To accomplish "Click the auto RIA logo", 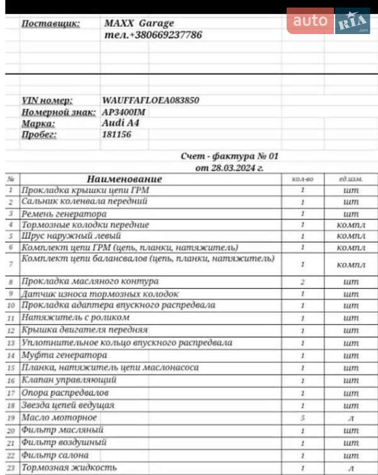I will [x=328, y=21].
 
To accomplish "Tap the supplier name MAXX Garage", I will [x=139, y=23].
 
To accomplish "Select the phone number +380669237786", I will [x=152, y=35].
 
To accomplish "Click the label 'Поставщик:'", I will [x=50, y=23].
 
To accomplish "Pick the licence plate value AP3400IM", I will [x=128, y=112].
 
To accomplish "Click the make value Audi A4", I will [x=120, y=123].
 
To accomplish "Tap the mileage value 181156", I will [x=117, y=134].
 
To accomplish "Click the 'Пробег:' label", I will [x=39, y=134].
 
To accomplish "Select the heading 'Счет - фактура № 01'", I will [x=229, y=156].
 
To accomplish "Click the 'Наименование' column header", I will [x=124, y=179].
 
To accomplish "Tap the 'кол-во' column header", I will [x=303, y=179].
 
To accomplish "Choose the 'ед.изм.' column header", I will [x=351, y=179].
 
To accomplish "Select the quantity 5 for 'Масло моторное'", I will [x=303, y=418].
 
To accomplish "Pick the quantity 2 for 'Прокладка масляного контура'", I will [x=303, y=282].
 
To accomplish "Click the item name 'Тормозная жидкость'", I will [x=69, y=467].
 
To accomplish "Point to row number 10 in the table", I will [x=11, y=306].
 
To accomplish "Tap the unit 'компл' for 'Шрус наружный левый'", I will [x=351, y=236].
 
